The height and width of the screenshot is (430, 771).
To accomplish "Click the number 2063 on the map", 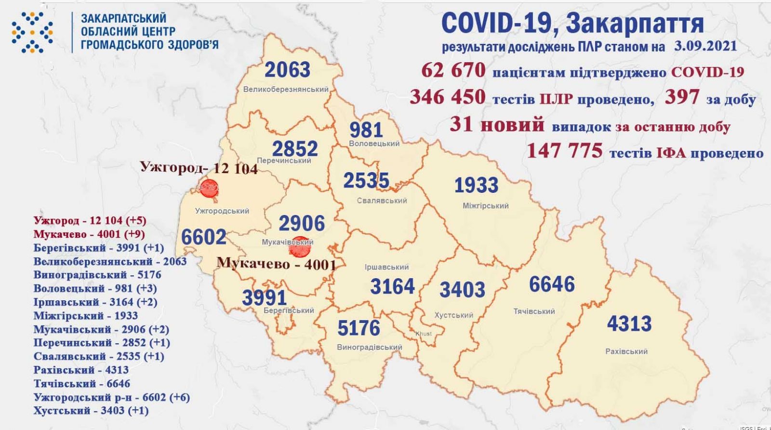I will [288, 70].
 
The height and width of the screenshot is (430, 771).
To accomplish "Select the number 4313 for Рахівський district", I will [629, 323].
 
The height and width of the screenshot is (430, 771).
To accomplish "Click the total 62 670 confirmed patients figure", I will [453, 71].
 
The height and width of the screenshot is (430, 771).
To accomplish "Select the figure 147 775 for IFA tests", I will [564, 151].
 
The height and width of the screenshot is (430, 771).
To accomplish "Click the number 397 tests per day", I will [681, 98].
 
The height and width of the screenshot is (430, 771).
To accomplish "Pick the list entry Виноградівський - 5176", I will [97, 275].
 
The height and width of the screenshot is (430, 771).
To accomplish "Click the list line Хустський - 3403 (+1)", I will [91, 411].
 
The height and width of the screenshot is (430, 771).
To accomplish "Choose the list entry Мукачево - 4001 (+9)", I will [89, 234].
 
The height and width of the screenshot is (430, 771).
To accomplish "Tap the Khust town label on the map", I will [424, 334].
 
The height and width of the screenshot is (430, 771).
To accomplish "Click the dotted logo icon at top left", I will [32, 32].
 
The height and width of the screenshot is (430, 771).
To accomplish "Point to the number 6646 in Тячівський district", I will [552, 284].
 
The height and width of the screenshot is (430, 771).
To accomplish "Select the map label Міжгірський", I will [485, 206].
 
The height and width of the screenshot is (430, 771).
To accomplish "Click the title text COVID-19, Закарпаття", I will [572, 23].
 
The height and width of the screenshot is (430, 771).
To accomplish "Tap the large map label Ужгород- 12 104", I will [199, 168].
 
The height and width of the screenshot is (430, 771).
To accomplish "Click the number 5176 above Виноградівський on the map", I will [359, 328].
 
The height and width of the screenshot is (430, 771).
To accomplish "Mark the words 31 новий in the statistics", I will [497, 124].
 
